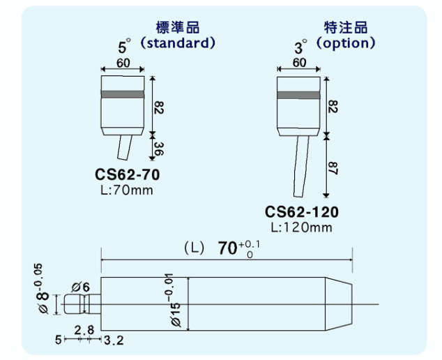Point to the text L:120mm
(301, 227)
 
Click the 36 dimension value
(158, 149)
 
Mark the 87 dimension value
(334, 167)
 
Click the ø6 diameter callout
(81, 287)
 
